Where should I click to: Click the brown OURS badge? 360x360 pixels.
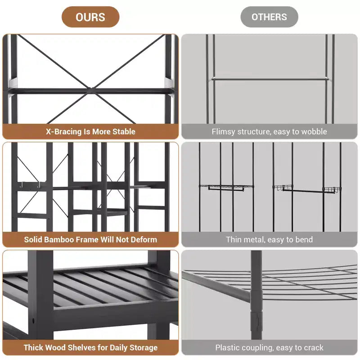[x=90, y=17]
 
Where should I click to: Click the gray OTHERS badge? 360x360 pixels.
[x=269, y=17]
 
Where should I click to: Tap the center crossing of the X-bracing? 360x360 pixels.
[x=91, y=90]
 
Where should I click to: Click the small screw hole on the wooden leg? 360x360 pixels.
[x=33, y=320]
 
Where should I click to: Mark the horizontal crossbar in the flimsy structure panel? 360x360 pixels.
[x=270, y=79]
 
